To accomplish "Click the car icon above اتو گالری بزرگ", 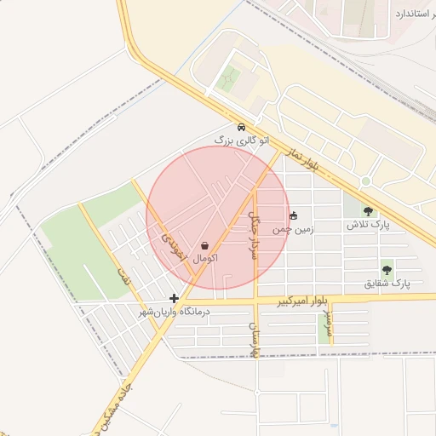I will (x=242, y=126).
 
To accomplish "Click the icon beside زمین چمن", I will (x=295, y=215).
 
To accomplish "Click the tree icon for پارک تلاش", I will (x=368, y=211).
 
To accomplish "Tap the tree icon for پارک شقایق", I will (x=387, y=270).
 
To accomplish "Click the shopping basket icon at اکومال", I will (x=204, y=245).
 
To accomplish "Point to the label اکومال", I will (x=205, y=257).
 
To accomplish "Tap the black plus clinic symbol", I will (x=174, y=298).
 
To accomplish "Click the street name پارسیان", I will (x=253, y=339).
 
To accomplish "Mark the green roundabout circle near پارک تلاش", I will (x=365, y=181).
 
